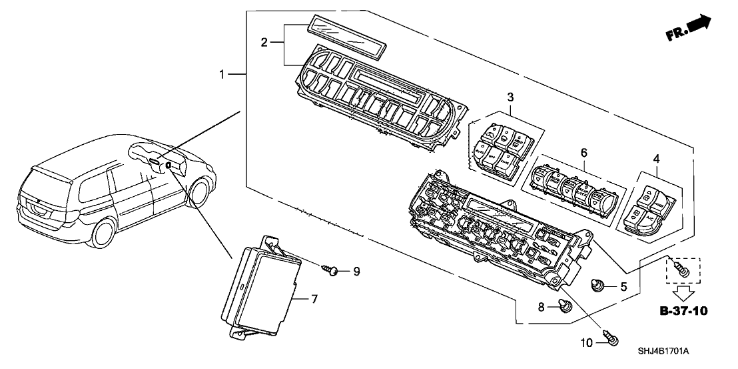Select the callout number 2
click(x=264, y=43)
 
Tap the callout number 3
click(x=510, y=97)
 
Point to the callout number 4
click(x=657, y=159)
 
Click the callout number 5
click(x=623, y=288)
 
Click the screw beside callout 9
click(x=332, y=270)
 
